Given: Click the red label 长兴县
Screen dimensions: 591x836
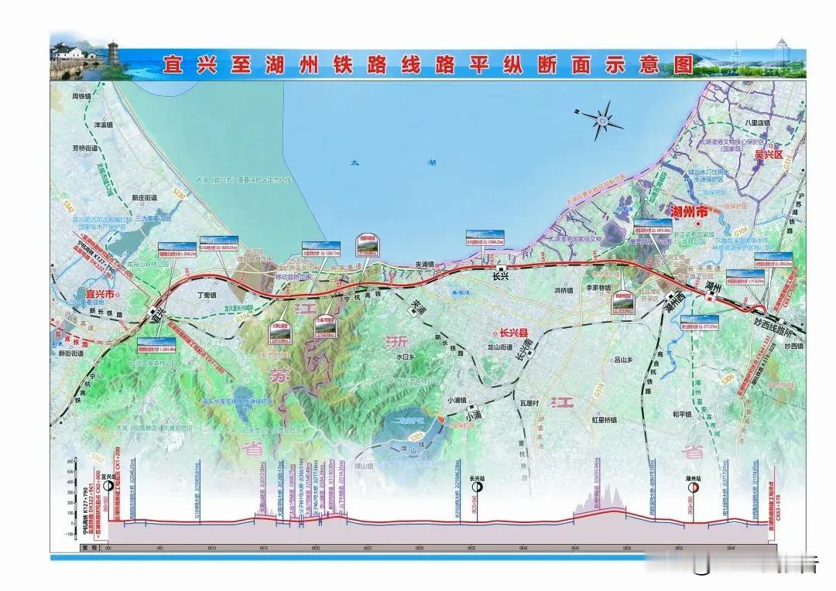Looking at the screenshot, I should tap(514, 333).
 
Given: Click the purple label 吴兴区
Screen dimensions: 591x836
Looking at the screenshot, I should tap(769, 155).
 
